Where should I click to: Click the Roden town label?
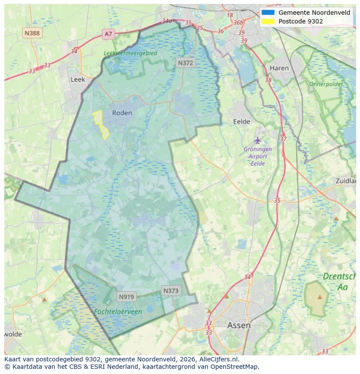[x=122, y=113]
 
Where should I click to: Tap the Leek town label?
[x=78, y=80]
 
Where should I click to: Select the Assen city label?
[x=239, y=325]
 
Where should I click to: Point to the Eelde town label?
[x=242, y=122]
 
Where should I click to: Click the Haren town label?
[x=279, y=68]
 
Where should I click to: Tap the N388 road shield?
[x=33, y=33]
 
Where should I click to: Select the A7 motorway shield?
[x=108, y=34]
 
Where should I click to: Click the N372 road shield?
[x=186, y=63]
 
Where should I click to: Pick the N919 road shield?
[x=127, y=297]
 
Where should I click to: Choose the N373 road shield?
[x=171, y=291]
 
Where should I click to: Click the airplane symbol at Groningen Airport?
[x=258, y=140]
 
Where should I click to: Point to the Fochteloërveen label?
[x=118, y=311]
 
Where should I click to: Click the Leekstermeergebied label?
[x=130, y=53]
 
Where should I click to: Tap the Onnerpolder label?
[x=326, y=84]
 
